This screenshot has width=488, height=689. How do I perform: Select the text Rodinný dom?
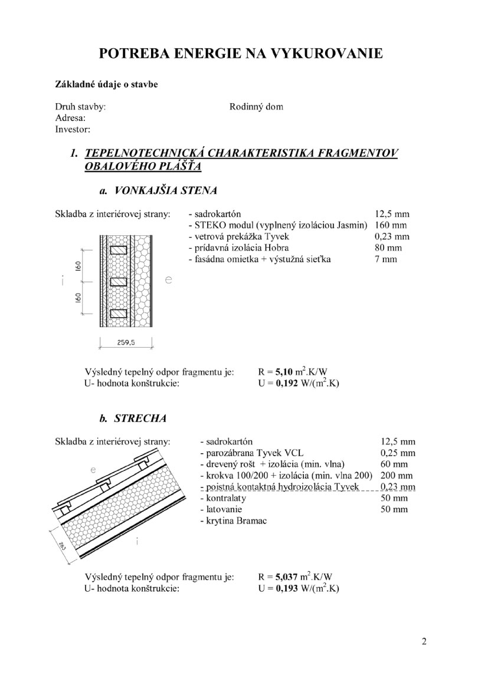[256, 107]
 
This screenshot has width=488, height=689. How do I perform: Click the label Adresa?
[71, 118]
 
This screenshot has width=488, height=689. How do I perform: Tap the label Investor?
[72, 128]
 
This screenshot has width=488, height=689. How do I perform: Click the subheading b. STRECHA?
[133, 418]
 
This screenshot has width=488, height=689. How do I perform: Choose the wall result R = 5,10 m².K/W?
[293, 371]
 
